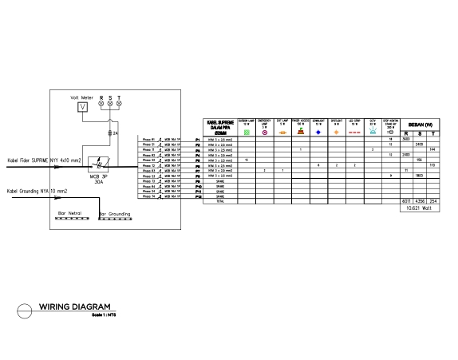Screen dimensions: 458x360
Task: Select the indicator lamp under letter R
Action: (101, 105)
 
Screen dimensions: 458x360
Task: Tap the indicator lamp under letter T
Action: (119, 105)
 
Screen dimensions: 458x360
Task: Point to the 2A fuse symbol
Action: (110, 133)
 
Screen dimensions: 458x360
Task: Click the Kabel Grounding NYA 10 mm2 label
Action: (38, 192)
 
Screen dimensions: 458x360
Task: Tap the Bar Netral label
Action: (70, 214)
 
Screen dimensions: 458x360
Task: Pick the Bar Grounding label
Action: (115, 214)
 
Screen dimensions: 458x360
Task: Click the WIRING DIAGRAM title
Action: (74, 307)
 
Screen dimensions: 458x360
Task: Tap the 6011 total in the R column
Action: (407, 200)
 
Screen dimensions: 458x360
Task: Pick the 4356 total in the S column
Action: (420, 200)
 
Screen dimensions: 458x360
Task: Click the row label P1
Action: (196, 138)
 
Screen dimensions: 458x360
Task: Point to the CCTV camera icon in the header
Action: (373, 132)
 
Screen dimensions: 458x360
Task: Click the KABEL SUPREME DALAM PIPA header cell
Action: (219, 127)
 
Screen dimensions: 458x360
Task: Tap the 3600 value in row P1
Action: (406, 138)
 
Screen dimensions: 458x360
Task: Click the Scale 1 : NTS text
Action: (93, 315)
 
